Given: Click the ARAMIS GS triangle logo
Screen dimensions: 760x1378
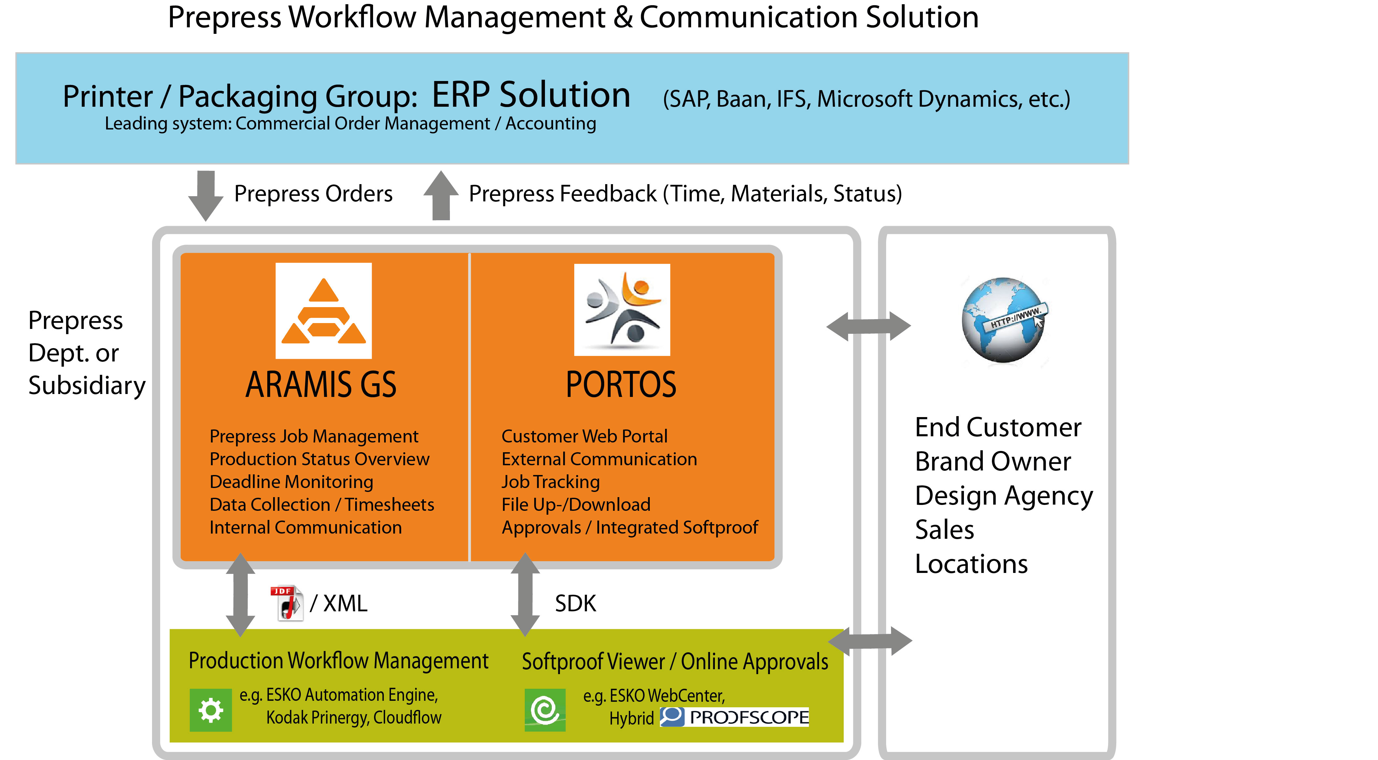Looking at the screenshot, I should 323,311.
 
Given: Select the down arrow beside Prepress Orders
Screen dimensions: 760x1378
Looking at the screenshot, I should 205,195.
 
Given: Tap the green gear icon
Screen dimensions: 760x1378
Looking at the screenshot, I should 211,710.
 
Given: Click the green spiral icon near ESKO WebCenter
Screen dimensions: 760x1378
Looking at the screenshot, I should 545,710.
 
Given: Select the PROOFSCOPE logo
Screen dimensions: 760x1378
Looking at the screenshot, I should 734,717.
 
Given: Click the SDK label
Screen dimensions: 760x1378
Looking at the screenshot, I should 575,604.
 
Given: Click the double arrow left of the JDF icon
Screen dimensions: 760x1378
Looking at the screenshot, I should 240,594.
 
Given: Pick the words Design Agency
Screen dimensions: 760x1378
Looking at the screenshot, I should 1004,495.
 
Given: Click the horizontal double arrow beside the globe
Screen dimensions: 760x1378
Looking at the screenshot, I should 868,326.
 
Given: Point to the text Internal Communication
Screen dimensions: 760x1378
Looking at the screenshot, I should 305,527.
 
